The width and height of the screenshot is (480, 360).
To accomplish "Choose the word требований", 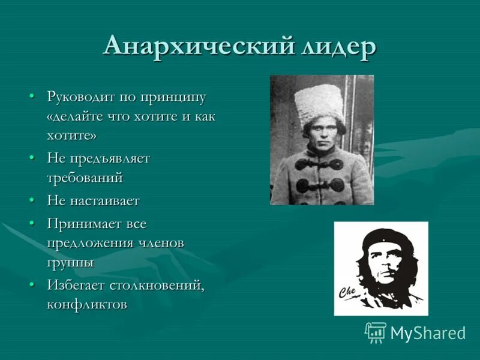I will (85, 178).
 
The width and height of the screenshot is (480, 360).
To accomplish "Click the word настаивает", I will (105, 200).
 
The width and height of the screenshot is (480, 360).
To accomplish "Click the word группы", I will (70, 263).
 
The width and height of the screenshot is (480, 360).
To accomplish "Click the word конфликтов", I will (86, 304).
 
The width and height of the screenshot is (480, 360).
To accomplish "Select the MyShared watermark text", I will (428, 333).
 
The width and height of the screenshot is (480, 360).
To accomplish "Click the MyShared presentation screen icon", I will (376, 332).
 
